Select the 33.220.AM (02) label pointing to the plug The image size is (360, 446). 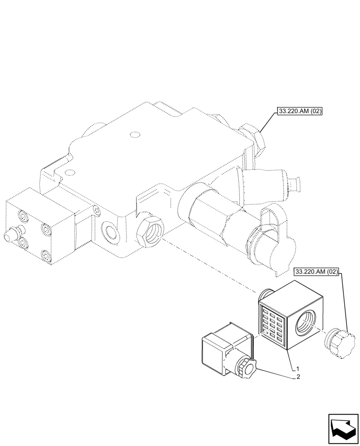click(x=316, y=271)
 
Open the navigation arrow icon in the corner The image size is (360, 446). click(x=343, y=429)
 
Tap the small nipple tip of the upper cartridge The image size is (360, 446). click(x=296, y=182)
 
